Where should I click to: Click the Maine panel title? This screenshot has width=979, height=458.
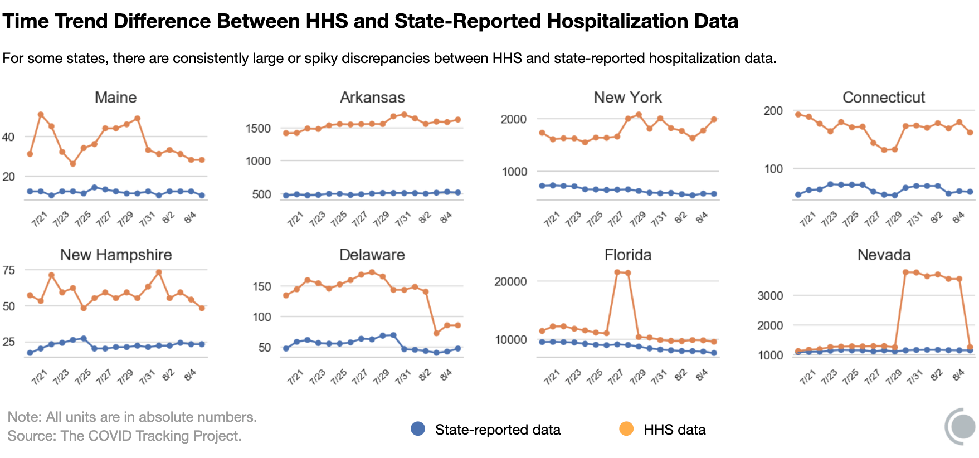click(115, 98)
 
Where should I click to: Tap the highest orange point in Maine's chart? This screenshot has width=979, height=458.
click(41, 115)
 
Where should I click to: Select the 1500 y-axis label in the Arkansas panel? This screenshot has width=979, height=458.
click(258, 129)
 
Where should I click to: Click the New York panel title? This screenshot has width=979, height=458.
click(627, 98)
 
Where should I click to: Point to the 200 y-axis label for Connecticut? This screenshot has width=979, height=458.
click(773, 111)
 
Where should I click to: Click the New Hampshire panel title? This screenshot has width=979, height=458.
click(116, 255)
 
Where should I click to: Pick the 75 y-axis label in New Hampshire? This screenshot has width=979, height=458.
click(9, 270)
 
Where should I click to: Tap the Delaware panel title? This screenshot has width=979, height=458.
click(372, 255)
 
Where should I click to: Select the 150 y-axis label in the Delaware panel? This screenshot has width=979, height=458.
click(261, 286)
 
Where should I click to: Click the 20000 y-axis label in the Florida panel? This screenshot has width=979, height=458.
click(510, 281)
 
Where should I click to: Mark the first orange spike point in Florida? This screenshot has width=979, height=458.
click(617, 272)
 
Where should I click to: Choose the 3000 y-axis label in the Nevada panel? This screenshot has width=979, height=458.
click(770, 296)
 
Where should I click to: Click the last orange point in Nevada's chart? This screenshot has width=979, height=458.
click(970, 348)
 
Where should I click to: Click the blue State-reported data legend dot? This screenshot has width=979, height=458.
click(418, 429)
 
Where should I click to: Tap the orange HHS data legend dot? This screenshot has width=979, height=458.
click(626, 429)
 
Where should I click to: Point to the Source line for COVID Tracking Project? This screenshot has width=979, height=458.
click(124, 436)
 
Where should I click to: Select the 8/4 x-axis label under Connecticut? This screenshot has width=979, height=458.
click(958, 218)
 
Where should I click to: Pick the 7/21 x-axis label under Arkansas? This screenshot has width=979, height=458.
click(295, 219)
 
